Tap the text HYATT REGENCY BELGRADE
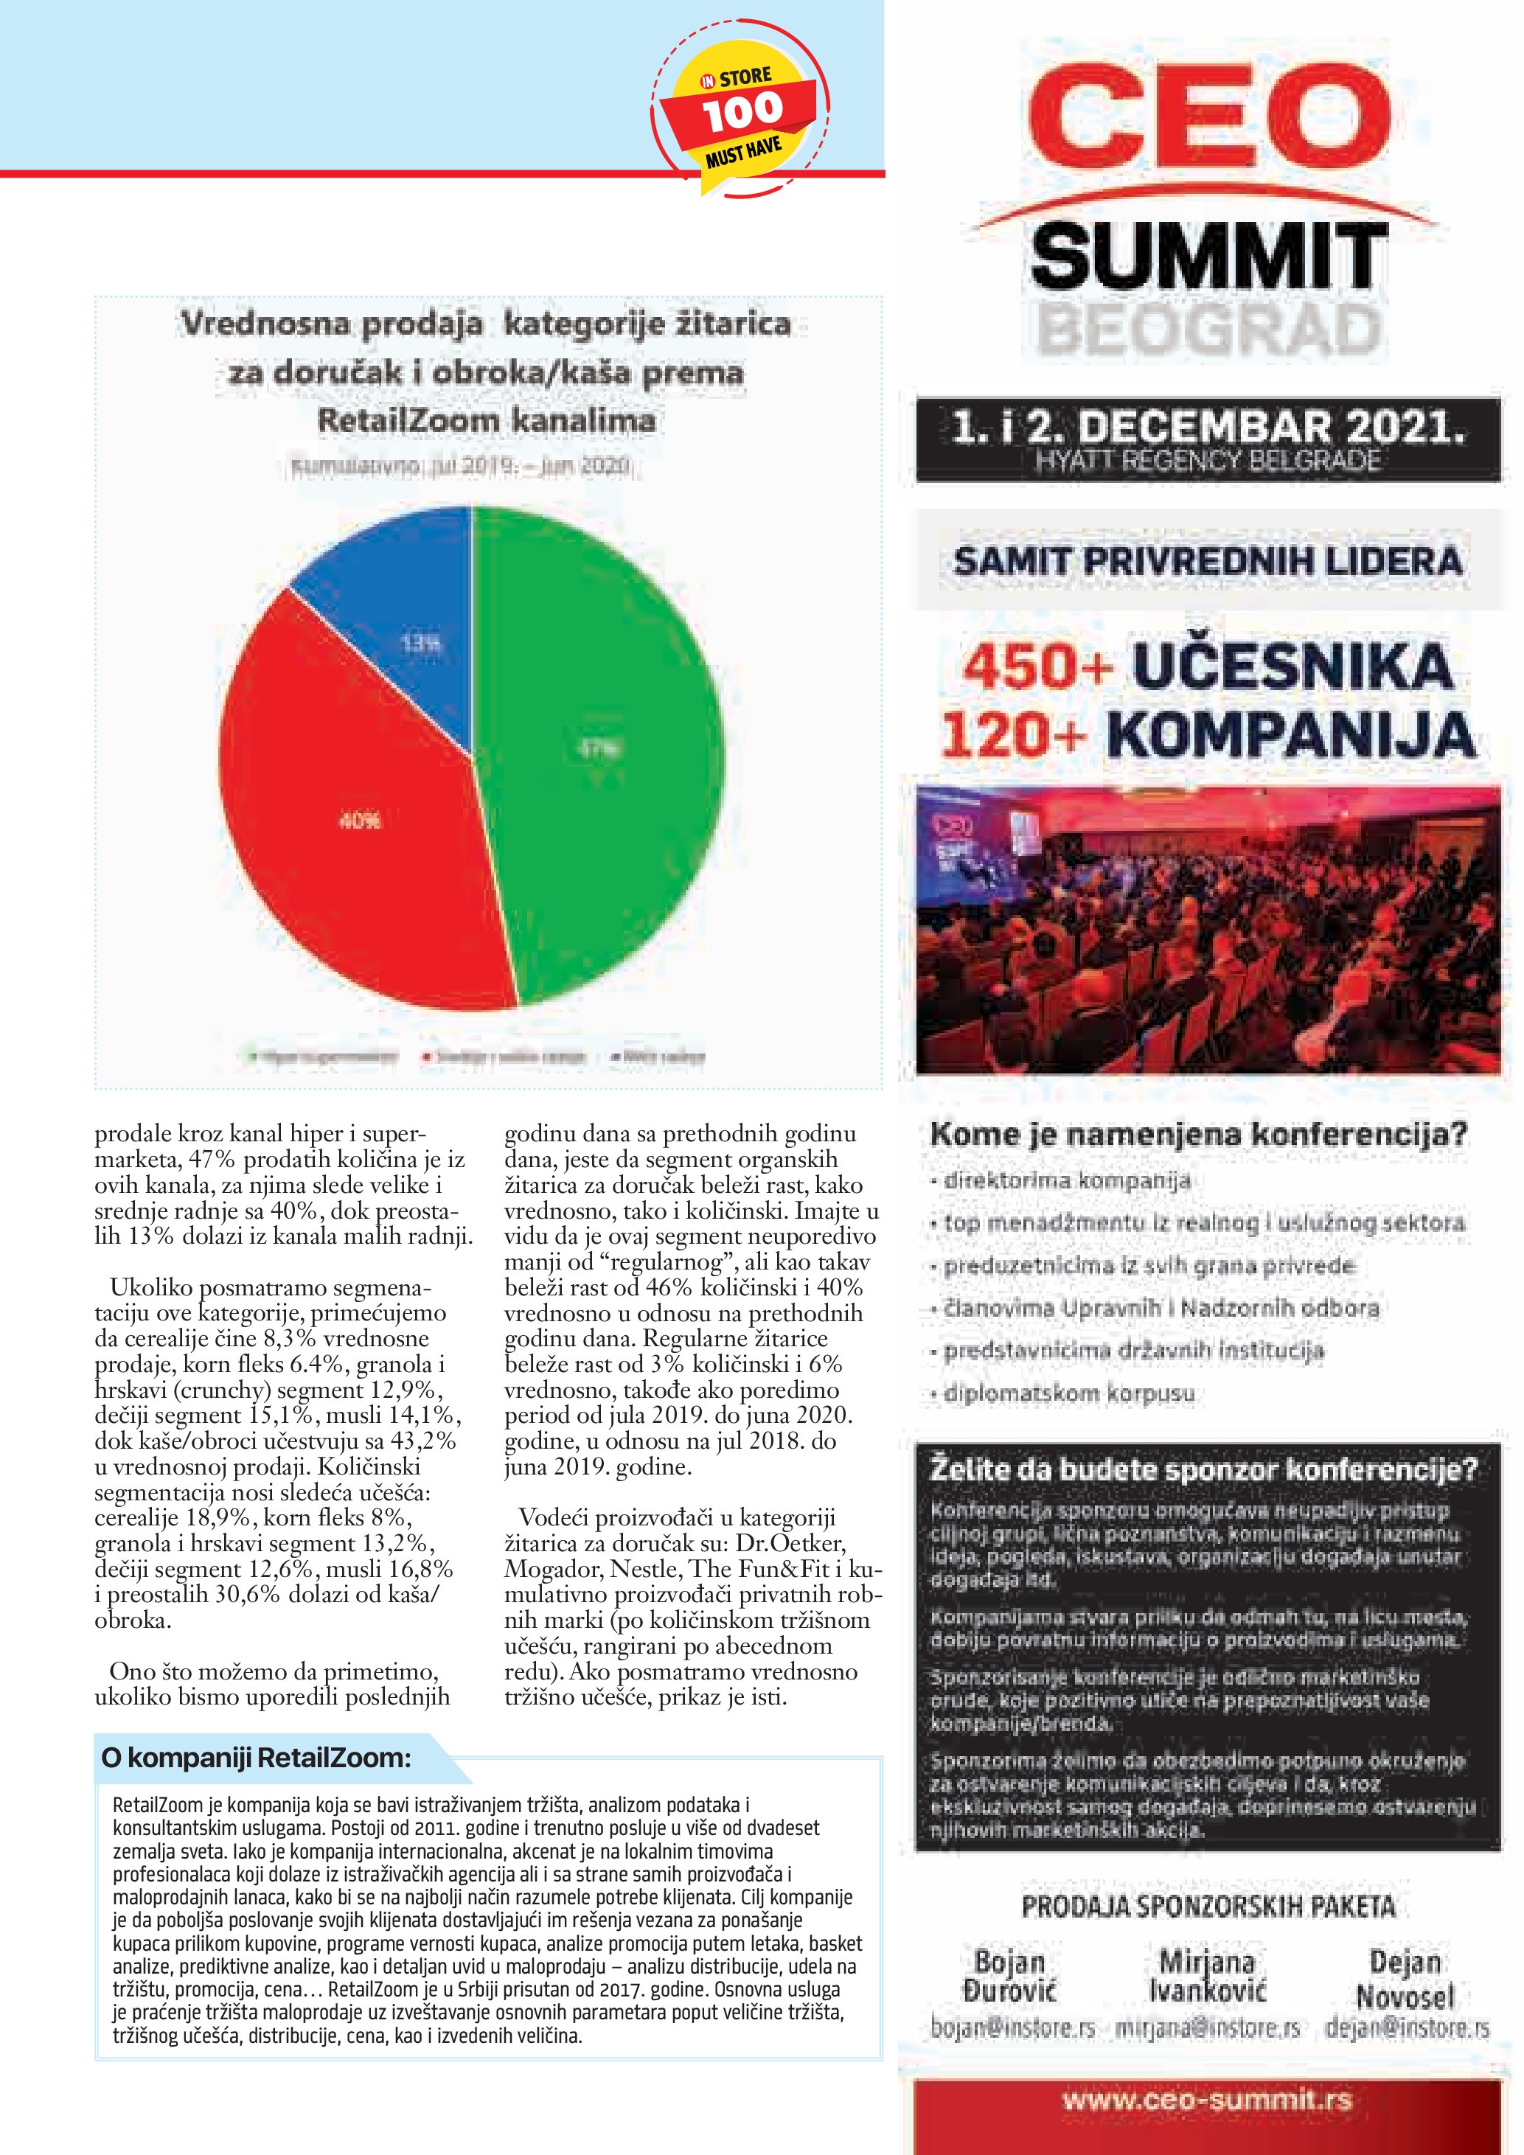1208,461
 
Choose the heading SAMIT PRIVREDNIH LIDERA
1208,561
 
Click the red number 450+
1037,667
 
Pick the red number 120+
1014,735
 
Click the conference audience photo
1208,929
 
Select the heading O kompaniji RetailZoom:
256,1757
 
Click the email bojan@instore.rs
1012,2028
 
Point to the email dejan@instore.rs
1407,2028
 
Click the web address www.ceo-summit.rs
1208,2100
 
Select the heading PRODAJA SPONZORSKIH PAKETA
1208,1907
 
